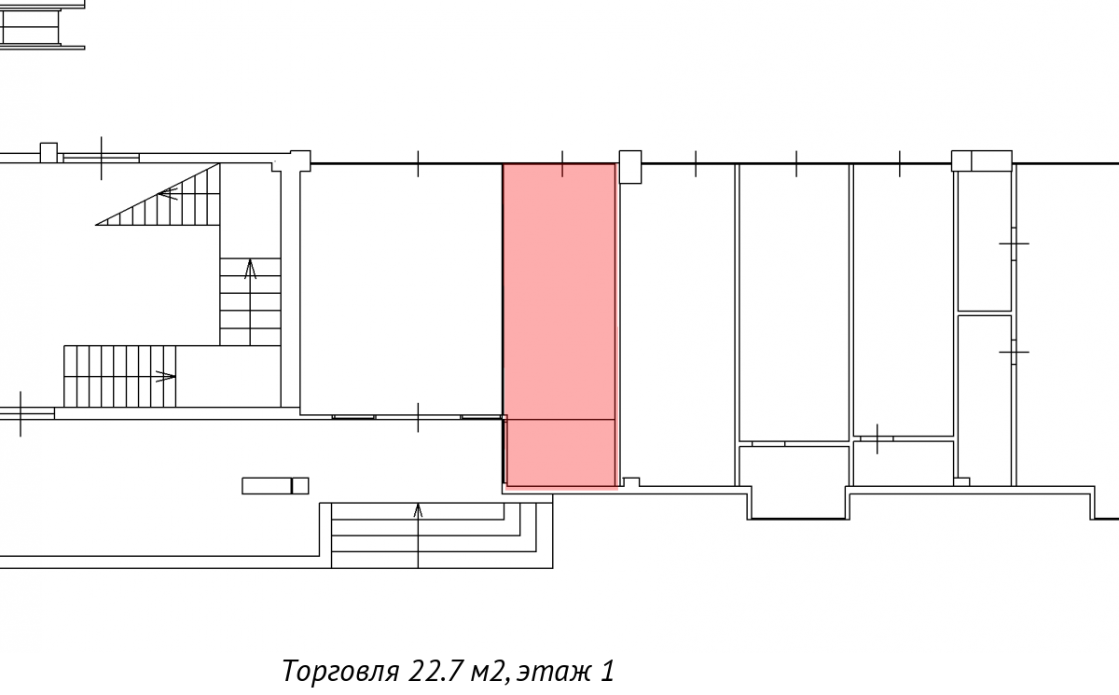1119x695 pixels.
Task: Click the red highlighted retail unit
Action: pyautogui.click(x=560, y=325)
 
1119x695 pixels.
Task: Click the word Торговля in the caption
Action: pyautogui.click(x=341, y=672)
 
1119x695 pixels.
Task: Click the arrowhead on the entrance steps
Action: pyautogui.click(x=418, y=510)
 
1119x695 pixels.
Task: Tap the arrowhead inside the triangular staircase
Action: pyautogui.click(x=168, y=193)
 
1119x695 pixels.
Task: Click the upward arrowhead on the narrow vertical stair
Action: pyautogui.click(x=250, y=269)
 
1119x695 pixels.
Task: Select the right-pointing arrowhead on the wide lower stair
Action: pyautogui.click(x=166, y=376)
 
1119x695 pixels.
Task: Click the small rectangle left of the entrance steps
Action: pyautogui.click(x=275, y=486)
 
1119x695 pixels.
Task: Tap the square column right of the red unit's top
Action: pyautogui.click(x=630, y=167)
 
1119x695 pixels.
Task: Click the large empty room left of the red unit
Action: pyautogui.click(x=401, y=290)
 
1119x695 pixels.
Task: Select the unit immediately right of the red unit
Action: pyautogui.click(x=677, y=325)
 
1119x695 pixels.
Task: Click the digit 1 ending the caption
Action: pyautogui.click(x=606, y=671)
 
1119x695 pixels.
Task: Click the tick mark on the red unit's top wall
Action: pyautogui.click(x=562, y=164)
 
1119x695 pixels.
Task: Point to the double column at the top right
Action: pyautogui.click(x=982, y=160)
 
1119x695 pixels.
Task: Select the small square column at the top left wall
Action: pyautogui.click(x=48, y=152)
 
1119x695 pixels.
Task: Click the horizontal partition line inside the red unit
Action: pyautogui.click(x=560, y=419)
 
